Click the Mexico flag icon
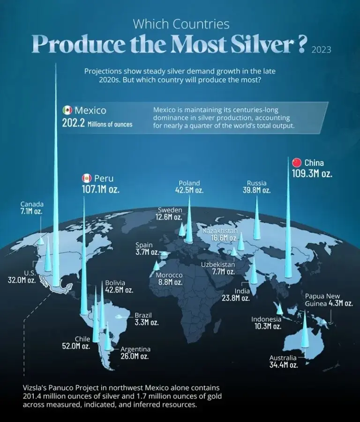tap(67, 111)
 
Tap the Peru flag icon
tap(86, 178)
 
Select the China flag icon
tap(296, 163)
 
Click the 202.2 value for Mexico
tap(73, 124)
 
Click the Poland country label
tap(189, 183)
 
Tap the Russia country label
tap(256, 183)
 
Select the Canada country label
tap(32, 204)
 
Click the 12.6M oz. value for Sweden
tap(169, 217)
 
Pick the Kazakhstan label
tap(220, 231)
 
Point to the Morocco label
tap(169, 275)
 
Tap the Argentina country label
tap(135, 349)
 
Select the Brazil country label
tap(143, 315)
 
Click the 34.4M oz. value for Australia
tap(283, 365)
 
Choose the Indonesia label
tap(266, 319)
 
